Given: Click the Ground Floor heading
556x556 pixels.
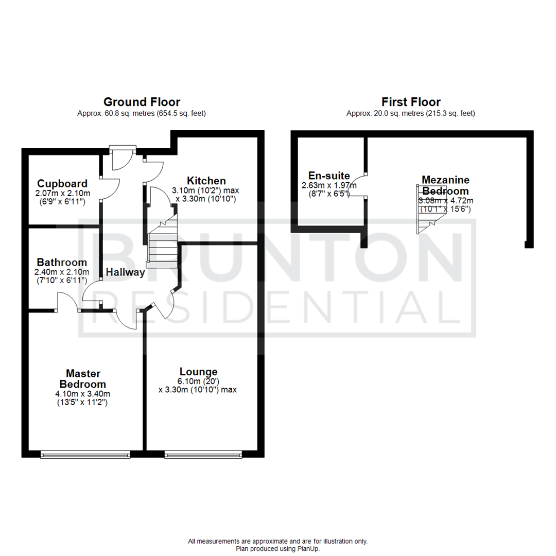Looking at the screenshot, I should tap(142, 102).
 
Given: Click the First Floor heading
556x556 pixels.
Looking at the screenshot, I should tap(410, 102).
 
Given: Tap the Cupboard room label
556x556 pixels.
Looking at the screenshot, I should tap(62, 183).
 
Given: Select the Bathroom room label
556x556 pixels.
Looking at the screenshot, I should tap(61, 263).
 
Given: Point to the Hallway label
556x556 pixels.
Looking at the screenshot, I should tap(126, 272).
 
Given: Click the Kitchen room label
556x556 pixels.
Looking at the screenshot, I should tap(206, 181).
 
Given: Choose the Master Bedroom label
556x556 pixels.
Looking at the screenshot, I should tap(83, 378).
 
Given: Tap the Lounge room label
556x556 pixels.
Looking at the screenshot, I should tap(198, 372).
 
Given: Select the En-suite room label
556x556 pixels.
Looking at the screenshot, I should tap(329, 175).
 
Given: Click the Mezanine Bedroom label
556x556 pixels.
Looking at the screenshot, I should tap(445, 185).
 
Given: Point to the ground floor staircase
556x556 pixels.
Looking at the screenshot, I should tap(162, 242).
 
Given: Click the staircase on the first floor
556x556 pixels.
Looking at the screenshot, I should tap(427, 211).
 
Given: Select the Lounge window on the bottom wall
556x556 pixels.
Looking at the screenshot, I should tap(203, 455).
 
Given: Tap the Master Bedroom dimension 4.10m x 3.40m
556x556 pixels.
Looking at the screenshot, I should tap(83, 393).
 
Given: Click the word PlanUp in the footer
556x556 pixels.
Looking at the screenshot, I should tap(307, 549).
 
